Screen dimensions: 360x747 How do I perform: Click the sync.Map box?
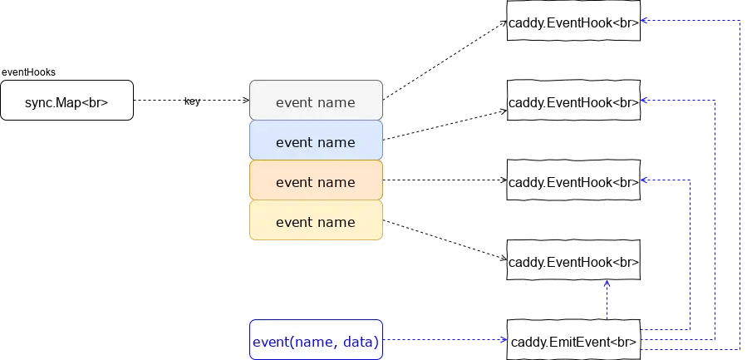tap(66, 101)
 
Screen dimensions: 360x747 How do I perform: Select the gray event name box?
tap(316, 102)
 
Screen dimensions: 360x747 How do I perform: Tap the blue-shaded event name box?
tap(316, 142)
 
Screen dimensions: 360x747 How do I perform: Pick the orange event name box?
tap(316, 182)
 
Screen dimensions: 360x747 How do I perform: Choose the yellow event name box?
tap(316, 222)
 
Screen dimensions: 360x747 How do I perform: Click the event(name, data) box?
tap(316, 341)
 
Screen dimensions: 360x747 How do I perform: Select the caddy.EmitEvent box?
tap(573, 341)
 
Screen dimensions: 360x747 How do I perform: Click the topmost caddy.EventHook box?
tap(573, 23)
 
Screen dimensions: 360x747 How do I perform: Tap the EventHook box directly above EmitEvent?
tap(573, 262)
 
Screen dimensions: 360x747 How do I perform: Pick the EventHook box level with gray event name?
tap(573, 102)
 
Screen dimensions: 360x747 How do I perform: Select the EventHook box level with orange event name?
tap(573, 182)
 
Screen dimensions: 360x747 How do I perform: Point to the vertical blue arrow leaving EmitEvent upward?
tap(607, 301)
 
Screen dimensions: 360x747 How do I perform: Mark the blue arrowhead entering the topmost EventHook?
tap(646, 23)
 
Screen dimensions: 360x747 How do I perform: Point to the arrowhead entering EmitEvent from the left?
tap(503, 341)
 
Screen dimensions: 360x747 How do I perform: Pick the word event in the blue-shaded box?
tap(292, 142)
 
